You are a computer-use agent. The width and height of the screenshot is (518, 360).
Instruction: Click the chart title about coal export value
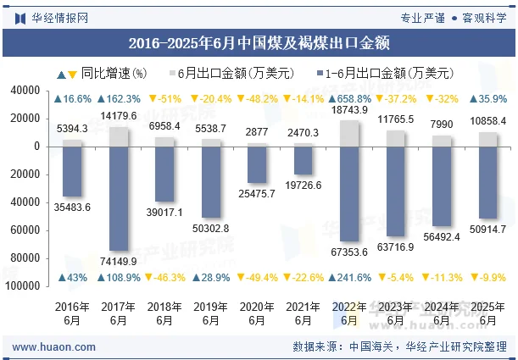pos(259,42)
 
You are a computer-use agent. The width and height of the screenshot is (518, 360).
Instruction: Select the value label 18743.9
pos(349,111)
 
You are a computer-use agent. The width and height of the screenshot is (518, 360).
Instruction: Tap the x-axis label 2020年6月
pos(258,314)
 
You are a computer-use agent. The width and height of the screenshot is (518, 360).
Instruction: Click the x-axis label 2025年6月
pos(488,314)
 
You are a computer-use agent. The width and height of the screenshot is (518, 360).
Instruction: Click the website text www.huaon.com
pos(47,346)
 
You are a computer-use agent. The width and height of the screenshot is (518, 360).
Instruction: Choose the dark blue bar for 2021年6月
pos(304,160)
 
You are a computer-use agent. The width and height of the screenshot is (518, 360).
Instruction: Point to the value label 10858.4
pos(488,122)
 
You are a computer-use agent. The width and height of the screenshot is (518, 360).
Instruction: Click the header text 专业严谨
pos(422,16)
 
